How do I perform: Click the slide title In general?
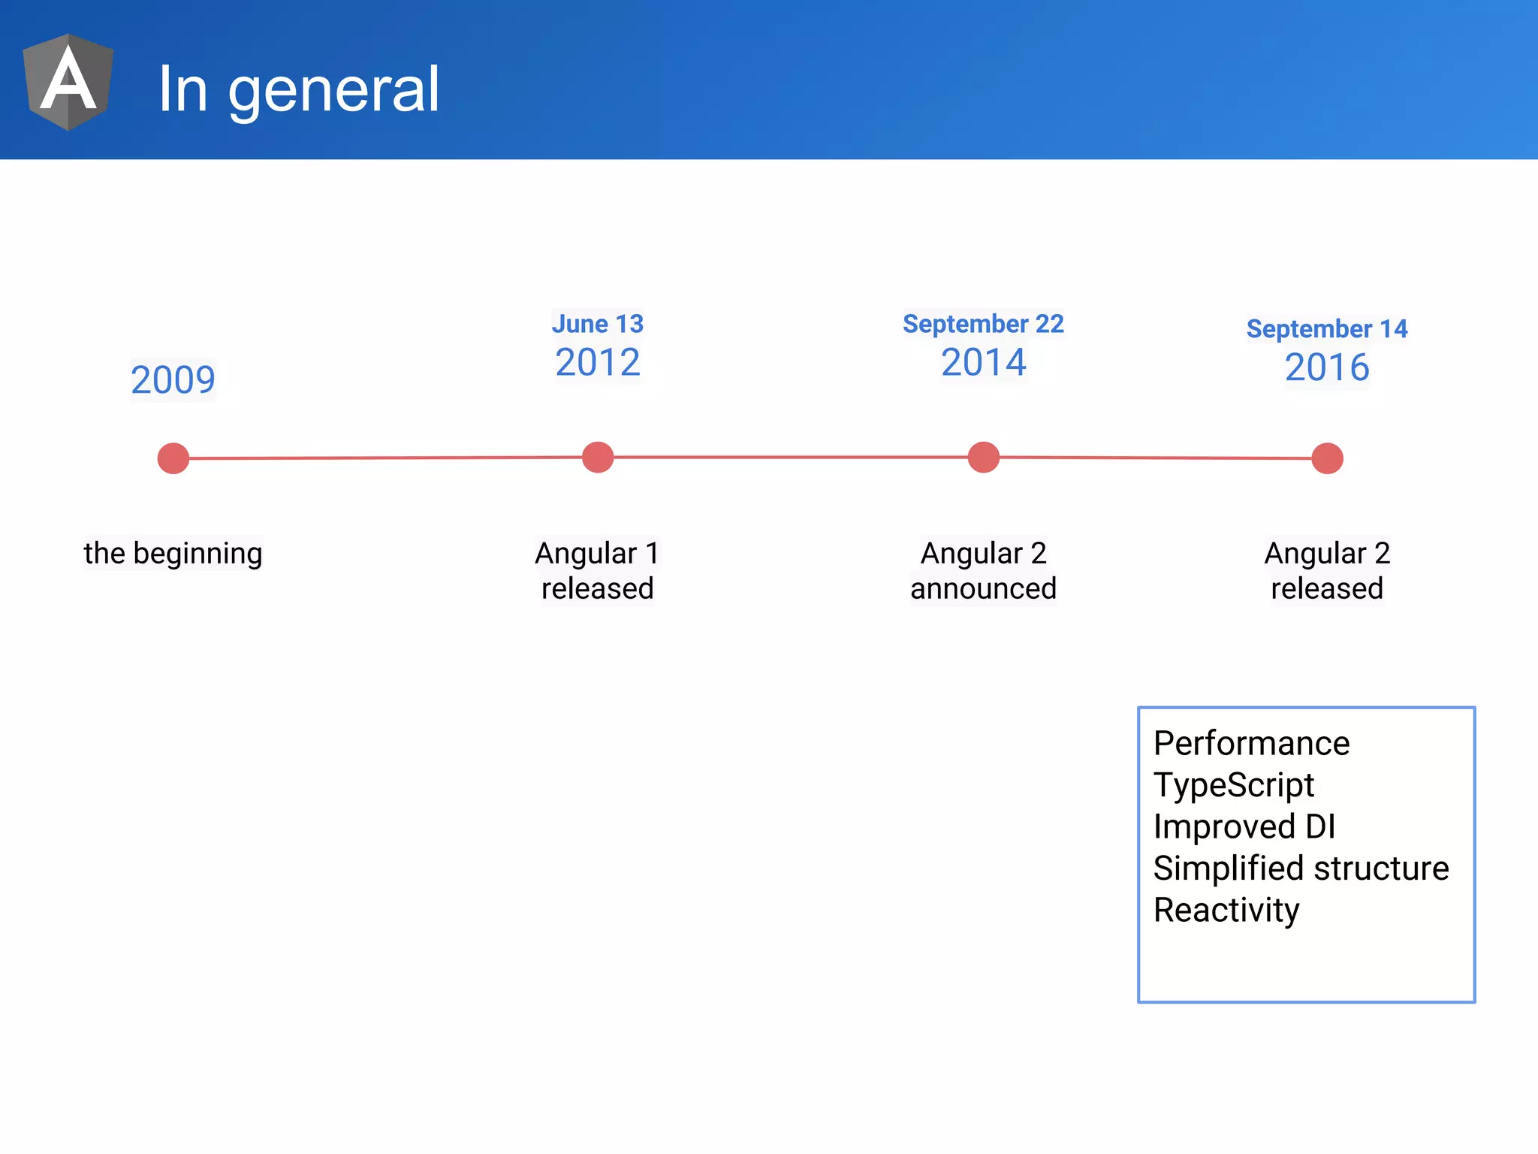click(298, 89)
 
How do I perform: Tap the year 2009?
click(173, 379)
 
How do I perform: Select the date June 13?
click(597, 324)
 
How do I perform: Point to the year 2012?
click(597, 362)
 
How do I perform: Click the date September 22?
click(983, 324)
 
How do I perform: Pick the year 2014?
click(983, 362)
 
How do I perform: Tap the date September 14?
click(1327, 329)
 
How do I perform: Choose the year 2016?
click(1327, 367)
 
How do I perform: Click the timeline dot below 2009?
click(173, 458)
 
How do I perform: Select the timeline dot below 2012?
click(598, 457)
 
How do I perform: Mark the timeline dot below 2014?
click(983, 457)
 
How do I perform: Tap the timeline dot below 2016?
click(1327, 458)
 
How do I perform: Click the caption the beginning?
click(173, 553)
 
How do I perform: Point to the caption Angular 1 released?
click(597, 571)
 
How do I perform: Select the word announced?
click(983, 588)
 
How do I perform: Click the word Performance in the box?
click(1251, 744)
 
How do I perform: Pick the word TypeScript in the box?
click(1234, 785)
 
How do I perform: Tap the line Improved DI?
click(1244, 826)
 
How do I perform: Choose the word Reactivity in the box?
click(1226, 910)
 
